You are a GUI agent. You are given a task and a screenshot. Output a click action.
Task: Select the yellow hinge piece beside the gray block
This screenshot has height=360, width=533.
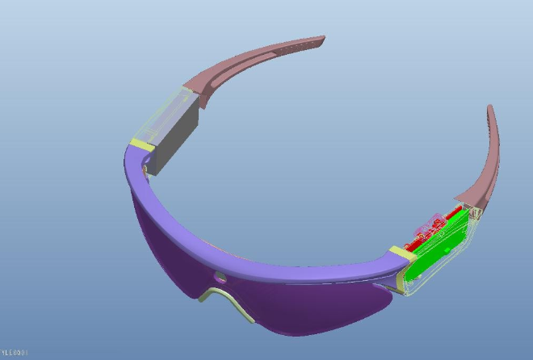tap(139, 145)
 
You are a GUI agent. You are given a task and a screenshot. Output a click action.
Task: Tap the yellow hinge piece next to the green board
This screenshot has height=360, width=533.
tap(401, 256)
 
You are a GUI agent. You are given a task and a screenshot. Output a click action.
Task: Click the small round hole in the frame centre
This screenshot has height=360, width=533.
tap(219, 277)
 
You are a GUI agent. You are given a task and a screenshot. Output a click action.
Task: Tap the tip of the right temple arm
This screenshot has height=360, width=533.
tap(489, 108)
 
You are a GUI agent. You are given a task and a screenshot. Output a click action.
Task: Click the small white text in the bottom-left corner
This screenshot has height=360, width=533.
tap(15, 353)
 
